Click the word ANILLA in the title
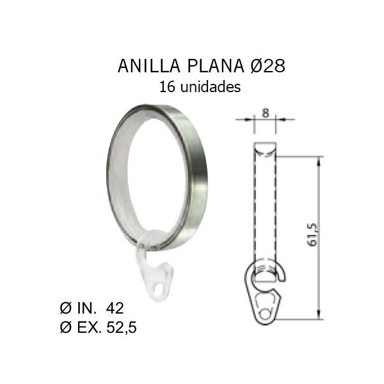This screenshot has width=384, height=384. click(x=149, y=66)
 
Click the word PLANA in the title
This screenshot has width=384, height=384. click(x=216, y=66)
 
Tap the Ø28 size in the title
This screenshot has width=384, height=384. click(x=268, y=66)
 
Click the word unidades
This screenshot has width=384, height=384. click(x=211, y=87)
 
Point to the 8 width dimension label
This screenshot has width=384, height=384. click(x=265, y=113)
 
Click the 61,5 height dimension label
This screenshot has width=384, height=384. click(x=312, y=235)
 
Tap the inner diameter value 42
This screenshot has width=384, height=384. click(x=115, y=308)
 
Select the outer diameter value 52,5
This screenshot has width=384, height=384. click(x=122, y=327)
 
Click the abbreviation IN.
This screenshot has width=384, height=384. click(x=86, y=308)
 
